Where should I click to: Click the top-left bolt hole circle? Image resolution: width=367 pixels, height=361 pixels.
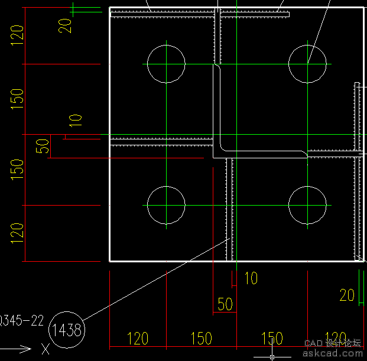167,63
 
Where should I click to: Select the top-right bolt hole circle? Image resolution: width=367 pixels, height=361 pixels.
307,63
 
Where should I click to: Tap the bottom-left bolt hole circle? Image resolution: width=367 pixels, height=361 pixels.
167,205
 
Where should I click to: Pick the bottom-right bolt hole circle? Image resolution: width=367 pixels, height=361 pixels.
307,205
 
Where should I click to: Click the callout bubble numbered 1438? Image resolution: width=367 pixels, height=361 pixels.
67,329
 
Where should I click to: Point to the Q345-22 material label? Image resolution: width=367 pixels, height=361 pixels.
22,321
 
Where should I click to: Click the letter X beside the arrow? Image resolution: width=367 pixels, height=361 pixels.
46,349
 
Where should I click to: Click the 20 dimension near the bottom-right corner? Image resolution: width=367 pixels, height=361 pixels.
347,295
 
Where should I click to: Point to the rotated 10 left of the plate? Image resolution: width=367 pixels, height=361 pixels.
76,121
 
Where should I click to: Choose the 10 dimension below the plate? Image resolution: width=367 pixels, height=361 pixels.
251,278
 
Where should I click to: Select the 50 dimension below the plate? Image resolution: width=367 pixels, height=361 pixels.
225,304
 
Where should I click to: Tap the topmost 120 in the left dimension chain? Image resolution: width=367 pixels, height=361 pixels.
17,37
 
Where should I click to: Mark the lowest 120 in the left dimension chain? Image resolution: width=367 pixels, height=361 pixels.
17,233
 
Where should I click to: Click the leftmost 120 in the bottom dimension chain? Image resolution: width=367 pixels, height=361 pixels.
138,339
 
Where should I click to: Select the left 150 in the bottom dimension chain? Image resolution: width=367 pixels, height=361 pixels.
202,339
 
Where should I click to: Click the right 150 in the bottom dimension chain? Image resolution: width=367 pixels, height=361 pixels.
272,339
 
